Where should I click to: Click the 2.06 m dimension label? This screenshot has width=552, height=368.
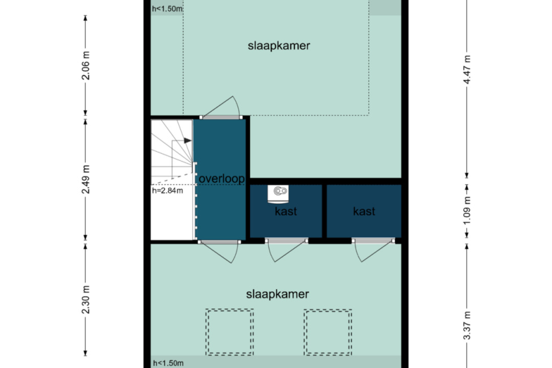pos(86,66)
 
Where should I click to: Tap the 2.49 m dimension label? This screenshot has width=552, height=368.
pos(86,179)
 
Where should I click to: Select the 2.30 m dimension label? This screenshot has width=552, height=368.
pos(86,300)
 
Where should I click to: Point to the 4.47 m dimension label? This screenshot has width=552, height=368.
pos(467,70)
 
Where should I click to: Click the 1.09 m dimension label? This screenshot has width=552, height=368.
pos(467,210)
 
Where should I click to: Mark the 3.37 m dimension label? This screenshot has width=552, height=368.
pos(467,326)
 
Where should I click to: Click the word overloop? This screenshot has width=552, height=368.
pos(222,179)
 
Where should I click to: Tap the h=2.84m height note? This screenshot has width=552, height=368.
pos(167,191)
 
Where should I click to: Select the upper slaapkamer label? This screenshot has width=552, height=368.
pos(279,46)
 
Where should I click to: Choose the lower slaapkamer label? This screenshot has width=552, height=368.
pos(277,294)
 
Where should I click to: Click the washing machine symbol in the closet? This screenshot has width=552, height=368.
pos(278,194)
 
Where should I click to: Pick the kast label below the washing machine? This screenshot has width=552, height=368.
pos(286,211)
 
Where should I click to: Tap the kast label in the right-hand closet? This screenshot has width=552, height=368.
pos(364,211)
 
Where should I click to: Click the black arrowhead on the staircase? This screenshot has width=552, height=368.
pos(187,141)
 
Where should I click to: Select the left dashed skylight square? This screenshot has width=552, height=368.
pos(230,332)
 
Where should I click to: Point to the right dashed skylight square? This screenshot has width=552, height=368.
pos(328,332)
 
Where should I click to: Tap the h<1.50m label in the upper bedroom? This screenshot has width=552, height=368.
pos(167,9)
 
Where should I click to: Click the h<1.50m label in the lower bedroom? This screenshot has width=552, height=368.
pos(169,363)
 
